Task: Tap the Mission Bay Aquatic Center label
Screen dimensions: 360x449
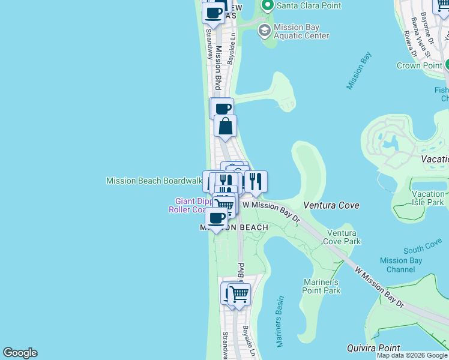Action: (x=301, y=31)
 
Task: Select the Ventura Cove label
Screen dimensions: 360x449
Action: (x=331, y=205)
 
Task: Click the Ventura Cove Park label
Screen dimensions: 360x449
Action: (x=342, y=237)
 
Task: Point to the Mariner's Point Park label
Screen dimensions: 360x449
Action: (x=323, y=286)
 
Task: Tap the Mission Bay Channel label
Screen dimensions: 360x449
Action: (x=400, y=265)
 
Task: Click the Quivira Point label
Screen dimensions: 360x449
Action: (x=373, y=348)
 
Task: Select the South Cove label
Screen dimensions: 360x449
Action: (x=423, y=247)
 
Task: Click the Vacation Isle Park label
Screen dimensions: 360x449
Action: (x=429, y=198)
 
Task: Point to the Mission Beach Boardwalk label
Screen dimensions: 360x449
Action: (x=154, y=181)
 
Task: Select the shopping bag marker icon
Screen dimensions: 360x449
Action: (x=226, y=127)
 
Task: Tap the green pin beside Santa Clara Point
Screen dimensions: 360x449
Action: (x=267, y=6)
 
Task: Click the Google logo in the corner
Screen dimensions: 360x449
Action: (x=20, y=353)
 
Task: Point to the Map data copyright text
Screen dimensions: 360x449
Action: (x=412, y=355)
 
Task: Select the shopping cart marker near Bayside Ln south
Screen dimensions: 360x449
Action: (x=239, y=294)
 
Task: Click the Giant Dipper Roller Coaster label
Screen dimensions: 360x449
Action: (x=188, y=205)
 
